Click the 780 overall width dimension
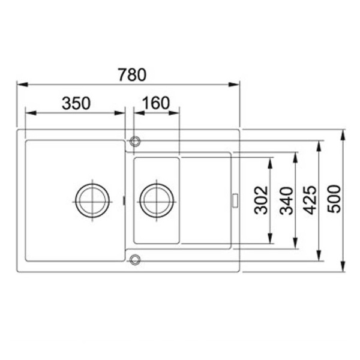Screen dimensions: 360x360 [132, 74]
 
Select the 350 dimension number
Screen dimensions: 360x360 [76, 103]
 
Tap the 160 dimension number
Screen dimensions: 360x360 [156, 103]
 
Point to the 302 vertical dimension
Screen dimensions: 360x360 [261, 200]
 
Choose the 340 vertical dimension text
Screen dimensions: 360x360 [287, 200]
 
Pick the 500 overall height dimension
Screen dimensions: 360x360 [334, 199]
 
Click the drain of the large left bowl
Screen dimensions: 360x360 [92, 200]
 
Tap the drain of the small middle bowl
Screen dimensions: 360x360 [157, 200]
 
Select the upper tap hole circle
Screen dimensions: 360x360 [135, 141]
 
